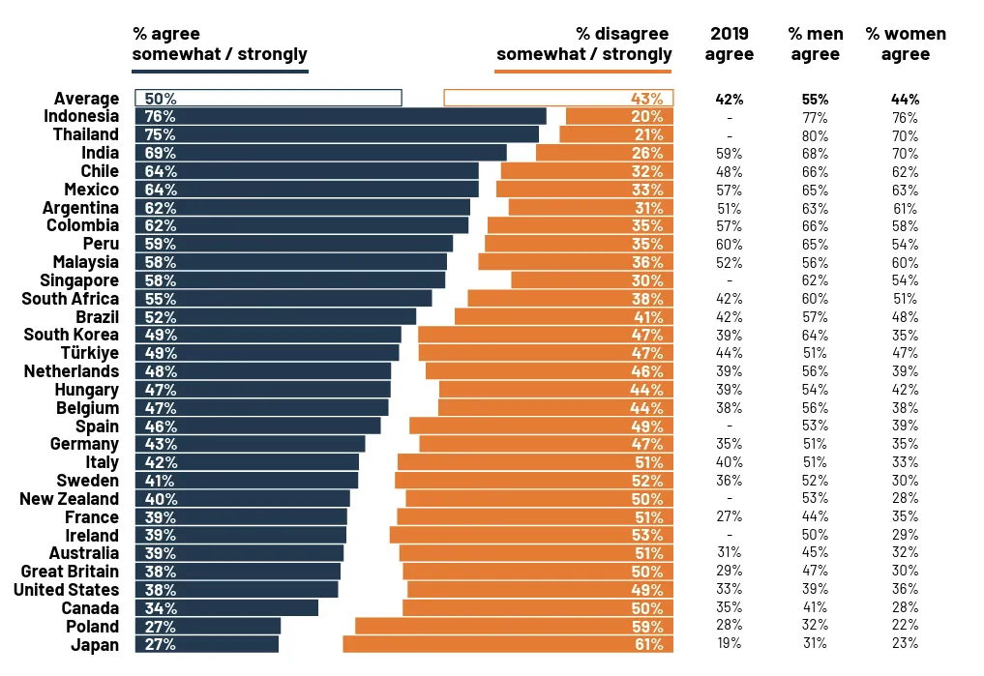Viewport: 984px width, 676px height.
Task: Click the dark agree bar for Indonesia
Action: coord(341,116)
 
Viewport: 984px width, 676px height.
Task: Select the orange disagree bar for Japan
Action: coord(507,644)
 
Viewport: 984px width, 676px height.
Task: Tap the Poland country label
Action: coord(92,626)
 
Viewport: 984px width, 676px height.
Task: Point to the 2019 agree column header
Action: coord(730,44)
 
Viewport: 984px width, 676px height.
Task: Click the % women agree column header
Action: coord(906,44)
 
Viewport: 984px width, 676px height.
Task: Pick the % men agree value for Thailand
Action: coord(815,134)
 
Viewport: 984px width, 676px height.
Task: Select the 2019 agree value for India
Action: coord(730,153)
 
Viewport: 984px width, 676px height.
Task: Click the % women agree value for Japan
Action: coord(906,644)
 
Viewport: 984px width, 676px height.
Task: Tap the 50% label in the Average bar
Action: coord(160,98)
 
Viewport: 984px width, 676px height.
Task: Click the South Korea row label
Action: coord(72,335)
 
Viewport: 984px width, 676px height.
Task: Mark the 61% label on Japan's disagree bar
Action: coord(648,644)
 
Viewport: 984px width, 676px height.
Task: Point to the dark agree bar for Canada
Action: coord(226,607)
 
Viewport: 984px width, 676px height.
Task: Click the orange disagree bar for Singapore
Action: coord(591,279)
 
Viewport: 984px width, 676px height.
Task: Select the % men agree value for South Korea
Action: coord(815,335)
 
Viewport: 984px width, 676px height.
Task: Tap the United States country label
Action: coord(67,589)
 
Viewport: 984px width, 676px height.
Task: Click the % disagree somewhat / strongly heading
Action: coord(584,44)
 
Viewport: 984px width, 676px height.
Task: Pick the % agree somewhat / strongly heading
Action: coord(220,44)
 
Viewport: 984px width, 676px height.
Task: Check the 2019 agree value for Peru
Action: coord(730,244)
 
